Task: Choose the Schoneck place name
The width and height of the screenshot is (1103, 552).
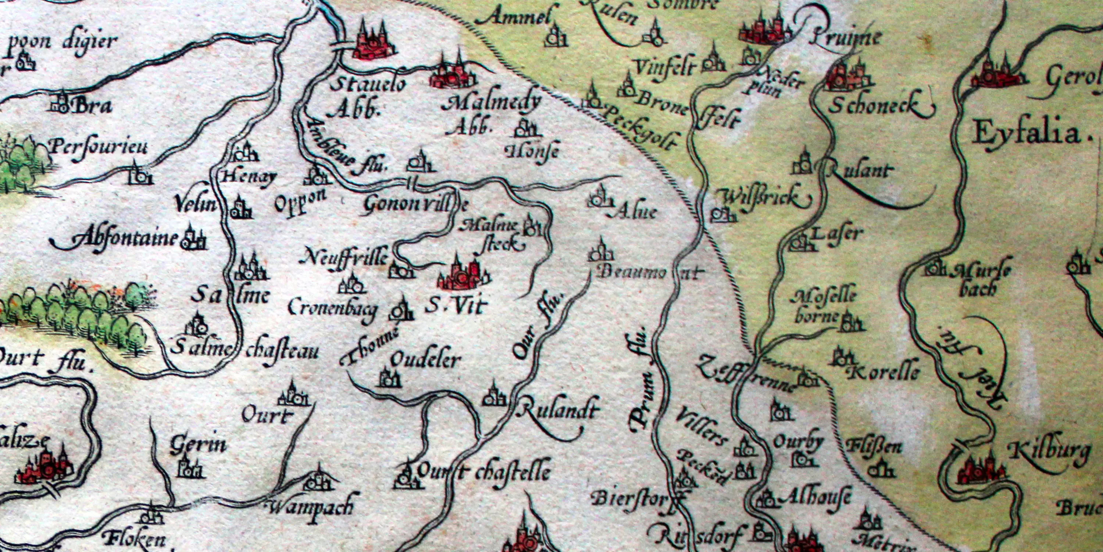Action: click(874, 105)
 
